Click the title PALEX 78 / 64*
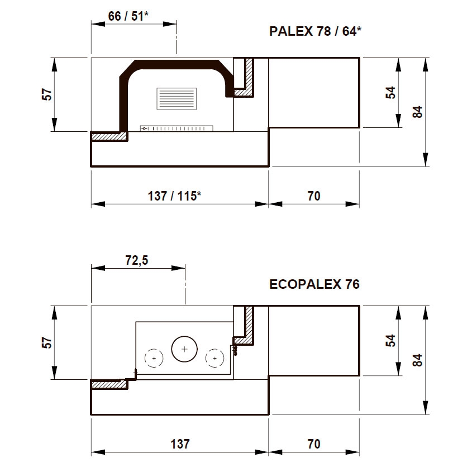(x=315, y=31)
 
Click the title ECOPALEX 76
(x=314, y=284)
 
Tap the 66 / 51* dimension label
(x=128, y=16)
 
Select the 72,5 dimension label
(x=137, y=260)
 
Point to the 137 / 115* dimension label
(x=174, y=196)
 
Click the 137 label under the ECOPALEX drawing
(x=180, y=444)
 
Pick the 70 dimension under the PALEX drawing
(x=314, y=196)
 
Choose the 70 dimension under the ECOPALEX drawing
(x=314, y=444)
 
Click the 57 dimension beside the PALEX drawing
(x=47, y=94)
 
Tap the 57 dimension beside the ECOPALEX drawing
(x=47, y=342)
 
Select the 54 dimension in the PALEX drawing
(x=390, y=92)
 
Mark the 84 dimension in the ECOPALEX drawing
(x=417, y=360)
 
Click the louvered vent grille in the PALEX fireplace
(x=177, y=99)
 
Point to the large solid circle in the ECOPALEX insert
(x=184, y=349)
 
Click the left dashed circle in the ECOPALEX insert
(x=154, y=358)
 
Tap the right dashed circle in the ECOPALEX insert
(x=214, y=358)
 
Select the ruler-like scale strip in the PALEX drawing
(x=177, y=128)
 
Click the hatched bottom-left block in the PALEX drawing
(x=109, y=137)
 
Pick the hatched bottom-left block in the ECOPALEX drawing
(x=109, y=384)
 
